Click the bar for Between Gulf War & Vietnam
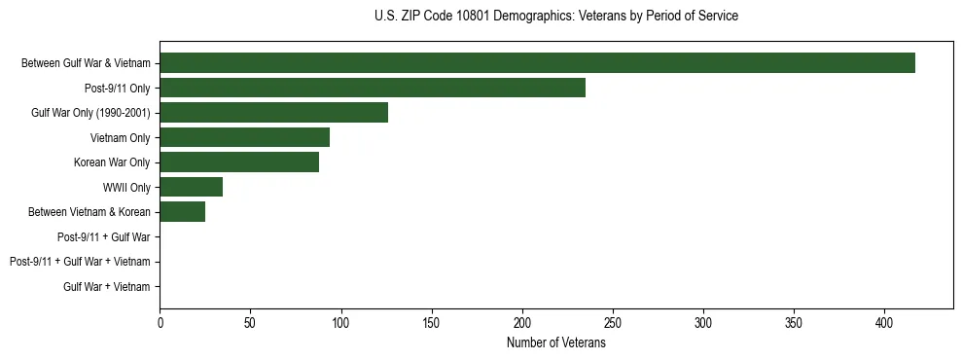[x=537, y=63]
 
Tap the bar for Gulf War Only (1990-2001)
[x=273, y=113]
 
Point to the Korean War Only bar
[x=239, y=162]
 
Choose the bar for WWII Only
[x=191, y=187]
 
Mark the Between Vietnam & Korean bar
[x=182, y=212]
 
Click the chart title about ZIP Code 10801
[x=555, y=17]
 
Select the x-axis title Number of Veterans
[x=555, y=342]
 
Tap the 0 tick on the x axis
[x=160, y=321]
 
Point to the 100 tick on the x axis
[x=340, y=321]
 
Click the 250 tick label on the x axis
[x=613, y=321]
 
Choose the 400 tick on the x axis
[x=884, y=321]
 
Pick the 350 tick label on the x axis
[x=794, y=321]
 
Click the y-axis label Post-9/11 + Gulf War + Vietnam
[x=80, y=262]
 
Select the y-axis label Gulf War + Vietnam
[x=107, y=287]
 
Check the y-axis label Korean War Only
[x=112, y=162]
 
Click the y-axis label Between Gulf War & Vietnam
[x=86, y=63]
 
